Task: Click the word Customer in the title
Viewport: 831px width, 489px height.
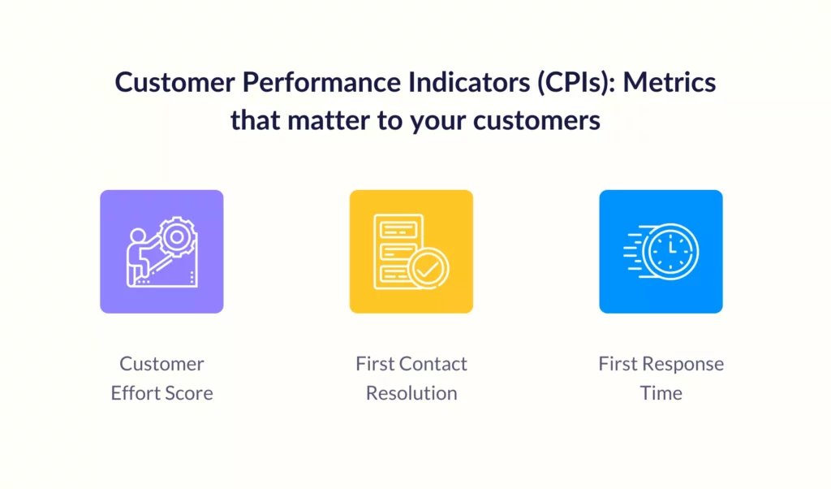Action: pyautogui.click(x=175, y=83)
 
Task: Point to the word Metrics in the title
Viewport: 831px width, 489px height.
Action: pyautogui.click(x=670, y=83)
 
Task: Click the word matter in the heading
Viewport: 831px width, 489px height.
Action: pyautogui.click(x=329, y=121)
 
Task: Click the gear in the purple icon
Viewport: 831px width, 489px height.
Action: pyautogui.click(x=177, y=237)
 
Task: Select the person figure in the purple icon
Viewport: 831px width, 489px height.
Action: pyautogui.click(x=140, y=257)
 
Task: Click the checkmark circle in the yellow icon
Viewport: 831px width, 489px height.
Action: pyautogui.click(x=428, y=269)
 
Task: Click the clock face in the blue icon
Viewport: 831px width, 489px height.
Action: pyautogui.click(x=670, y=251)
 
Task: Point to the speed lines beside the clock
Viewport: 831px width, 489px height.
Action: pyautogui.click(x=634, y=251)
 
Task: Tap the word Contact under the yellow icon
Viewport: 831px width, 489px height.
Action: pyautogui.click(x=433, y=364)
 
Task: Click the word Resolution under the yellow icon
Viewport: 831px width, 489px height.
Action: pyautogui.click(x=411, y=393)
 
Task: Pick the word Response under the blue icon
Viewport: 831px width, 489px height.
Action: pyautogui.click(x=683, y=365)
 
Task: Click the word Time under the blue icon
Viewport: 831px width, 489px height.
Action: pyautogui.click(x=661, y=393)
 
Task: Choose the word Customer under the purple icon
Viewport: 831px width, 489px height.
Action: pyautogui.click(x=161, y=364)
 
